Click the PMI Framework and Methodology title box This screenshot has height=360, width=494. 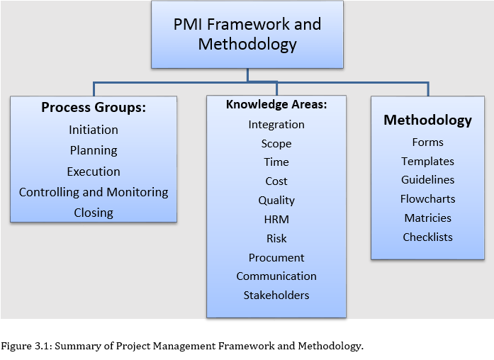(x=247, y=34)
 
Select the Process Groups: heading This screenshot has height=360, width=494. (x=94, y=108)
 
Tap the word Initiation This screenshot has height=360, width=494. (x=94, y=130)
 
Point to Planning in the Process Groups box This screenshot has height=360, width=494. (x=94, y=150)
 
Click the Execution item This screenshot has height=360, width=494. (x=94, y=171)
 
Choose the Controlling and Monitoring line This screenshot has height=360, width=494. (x=94, y=192)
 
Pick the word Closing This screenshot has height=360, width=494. (x=94, y=213)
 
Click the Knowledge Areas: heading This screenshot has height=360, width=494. (x=276, y=104)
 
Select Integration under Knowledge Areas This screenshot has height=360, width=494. (x=276, y=124)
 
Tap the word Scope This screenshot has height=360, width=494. (x=276, y=143)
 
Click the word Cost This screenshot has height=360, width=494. (x=276, y=181)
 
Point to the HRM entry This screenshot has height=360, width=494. (x=276, y=220)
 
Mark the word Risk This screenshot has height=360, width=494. (x=276, y=239)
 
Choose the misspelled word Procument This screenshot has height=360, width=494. (x=276, y=257)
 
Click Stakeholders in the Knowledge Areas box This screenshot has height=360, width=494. (x=276, y=295)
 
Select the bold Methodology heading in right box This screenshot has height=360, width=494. (x=428, y=120)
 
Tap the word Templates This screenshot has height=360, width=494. (x=428, y=161)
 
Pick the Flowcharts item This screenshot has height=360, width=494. (x=428, y=199)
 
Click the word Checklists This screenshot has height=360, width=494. (x=428, y=237)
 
